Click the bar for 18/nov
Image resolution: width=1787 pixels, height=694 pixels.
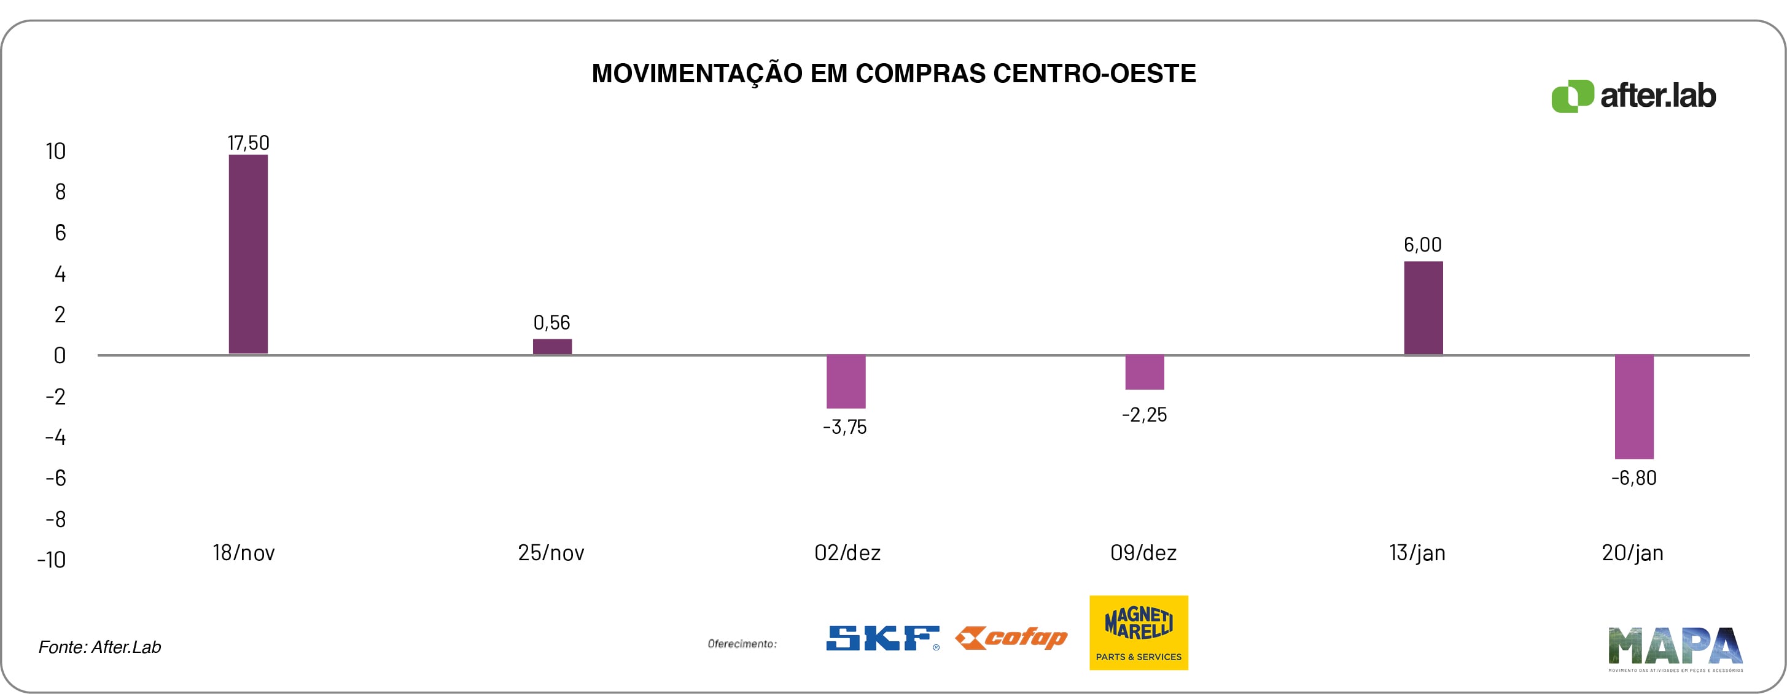(x=247, y=254)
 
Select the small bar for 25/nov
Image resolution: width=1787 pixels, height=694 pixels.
(x=552, y=347)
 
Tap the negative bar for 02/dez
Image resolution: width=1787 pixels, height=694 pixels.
(x=846, y=381)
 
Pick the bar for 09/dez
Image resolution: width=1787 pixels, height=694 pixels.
(x=1145, y=372)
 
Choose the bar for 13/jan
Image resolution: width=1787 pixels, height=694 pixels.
(x=1423, y=308)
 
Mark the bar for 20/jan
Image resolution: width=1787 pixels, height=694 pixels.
(x=1633, y=407)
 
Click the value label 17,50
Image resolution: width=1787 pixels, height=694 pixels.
(x=248, y=143)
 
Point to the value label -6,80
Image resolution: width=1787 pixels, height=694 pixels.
(x=1633, y=477)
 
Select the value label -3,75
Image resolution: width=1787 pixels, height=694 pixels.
(x=845, y=427)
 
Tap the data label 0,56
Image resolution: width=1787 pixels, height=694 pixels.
(x=551, y=322)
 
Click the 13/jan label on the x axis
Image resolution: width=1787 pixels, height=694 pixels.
(x=1417, y=553)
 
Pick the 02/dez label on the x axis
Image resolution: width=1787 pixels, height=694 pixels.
(x=847, y=553)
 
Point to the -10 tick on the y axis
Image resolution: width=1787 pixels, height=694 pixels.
(x=52, y=560)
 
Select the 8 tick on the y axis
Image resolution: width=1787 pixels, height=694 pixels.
(x=60, y=192)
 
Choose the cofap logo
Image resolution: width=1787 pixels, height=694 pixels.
(x=1011, y=638)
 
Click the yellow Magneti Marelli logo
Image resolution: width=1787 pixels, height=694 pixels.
(x=1139, y=632)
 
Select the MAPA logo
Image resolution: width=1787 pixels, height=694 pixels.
(x=1675, y=648)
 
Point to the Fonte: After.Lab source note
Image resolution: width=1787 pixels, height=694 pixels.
(x=100, y=647)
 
